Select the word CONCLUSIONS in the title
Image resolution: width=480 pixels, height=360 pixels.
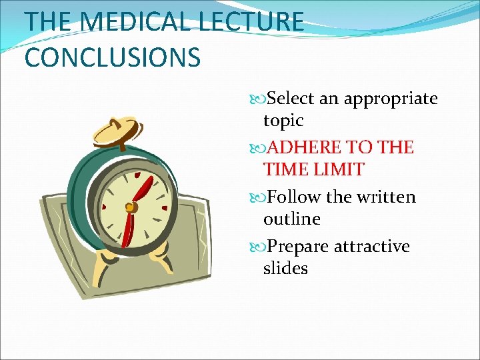(112, 57)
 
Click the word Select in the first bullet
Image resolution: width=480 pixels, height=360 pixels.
(291, 99)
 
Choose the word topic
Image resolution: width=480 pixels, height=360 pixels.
(283, 121)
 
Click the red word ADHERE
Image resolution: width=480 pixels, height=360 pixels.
(304, 147)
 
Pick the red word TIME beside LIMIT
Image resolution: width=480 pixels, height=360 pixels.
(286, 169)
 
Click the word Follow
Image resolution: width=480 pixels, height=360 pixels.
(294, 197)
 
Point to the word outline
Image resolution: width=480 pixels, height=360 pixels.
(291, 219)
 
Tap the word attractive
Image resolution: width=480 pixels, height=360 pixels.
(371, 247)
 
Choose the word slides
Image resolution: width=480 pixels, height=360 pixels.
(285, 268)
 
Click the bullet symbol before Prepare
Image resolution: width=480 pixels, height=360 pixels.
(259, 247)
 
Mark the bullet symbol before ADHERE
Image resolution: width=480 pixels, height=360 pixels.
(259, 147)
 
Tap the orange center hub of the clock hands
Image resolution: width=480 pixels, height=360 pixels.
(131, 207)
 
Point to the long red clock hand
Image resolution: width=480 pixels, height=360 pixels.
(142, 189)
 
